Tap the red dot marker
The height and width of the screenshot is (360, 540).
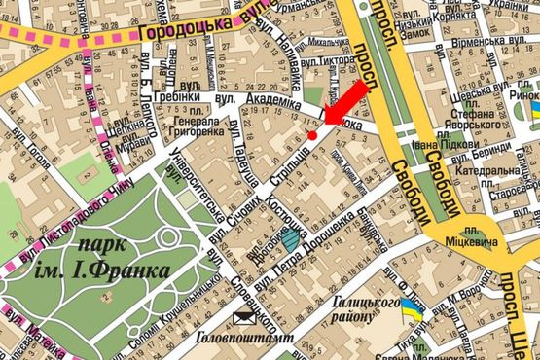pyautogui.click(x=311, y=136)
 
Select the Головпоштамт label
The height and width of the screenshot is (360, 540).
pyautogui.click(x=238, y=340)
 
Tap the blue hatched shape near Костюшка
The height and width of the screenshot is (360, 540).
pyautogui.click(x=291, y=235)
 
